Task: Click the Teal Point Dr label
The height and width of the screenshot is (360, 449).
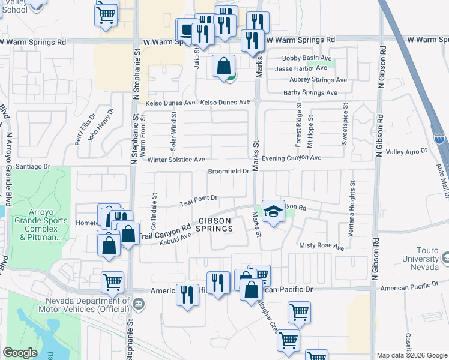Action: click(x=198, y=201)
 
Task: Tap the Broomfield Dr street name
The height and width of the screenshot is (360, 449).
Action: click(x=228, y=171)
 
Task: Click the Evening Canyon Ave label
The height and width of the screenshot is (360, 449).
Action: click(x=292, y=157)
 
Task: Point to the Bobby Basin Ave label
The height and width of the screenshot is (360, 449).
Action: click(x=307, y=58)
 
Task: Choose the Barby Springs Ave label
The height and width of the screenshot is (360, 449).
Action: click(x=310, y=92)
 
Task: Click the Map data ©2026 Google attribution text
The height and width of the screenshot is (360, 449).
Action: click(x=412, y=355)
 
